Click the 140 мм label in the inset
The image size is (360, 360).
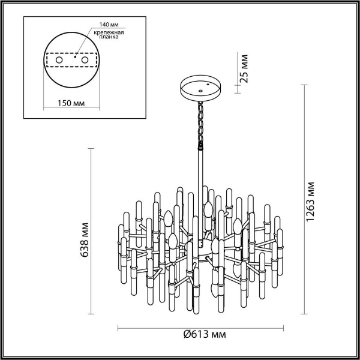click(101, 25)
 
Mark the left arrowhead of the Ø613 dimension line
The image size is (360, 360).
click(118, 328)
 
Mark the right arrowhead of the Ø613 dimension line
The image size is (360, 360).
click(284, 328)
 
